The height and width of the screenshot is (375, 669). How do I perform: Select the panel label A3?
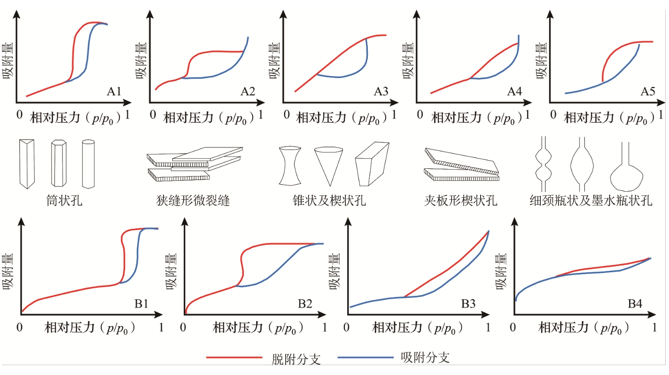(381, 93)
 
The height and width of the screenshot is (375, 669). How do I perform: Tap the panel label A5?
(647, 93)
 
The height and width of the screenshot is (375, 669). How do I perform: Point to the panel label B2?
(305, 304)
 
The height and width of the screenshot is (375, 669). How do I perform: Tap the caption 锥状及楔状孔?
(329, 202)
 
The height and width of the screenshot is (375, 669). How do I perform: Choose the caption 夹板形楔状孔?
(460, 202)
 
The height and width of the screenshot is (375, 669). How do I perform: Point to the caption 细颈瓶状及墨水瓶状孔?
(590, 202)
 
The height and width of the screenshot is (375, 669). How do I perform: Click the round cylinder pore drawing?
(89, 164)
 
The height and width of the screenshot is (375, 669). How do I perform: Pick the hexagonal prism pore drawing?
(58, 163)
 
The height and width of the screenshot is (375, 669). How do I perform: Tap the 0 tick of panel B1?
(20, 327)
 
